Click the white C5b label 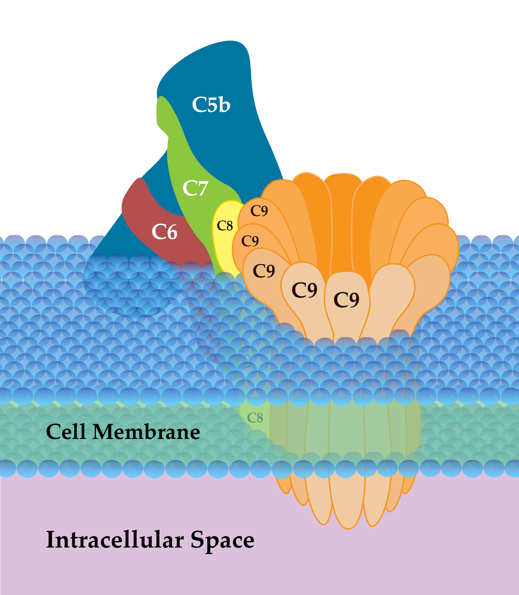(211, 105)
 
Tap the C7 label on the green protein (195, 188)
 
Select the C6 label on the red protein (165, 232)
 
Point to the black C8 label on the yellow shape (225, 226)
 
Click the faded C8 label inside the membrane (255, 418)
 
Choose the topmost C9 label (259, 211)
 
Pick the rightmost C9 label (346, 299)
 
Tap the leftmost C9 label (250, 241)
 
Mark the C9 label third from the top (264, 271)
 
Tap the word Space (222, 540)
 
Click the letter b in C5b (224, 105)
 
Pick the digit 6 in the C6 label (171, 232)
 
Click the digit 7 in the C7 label (202, 189)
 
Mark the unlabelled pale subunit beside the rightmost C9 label (392, 293)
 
